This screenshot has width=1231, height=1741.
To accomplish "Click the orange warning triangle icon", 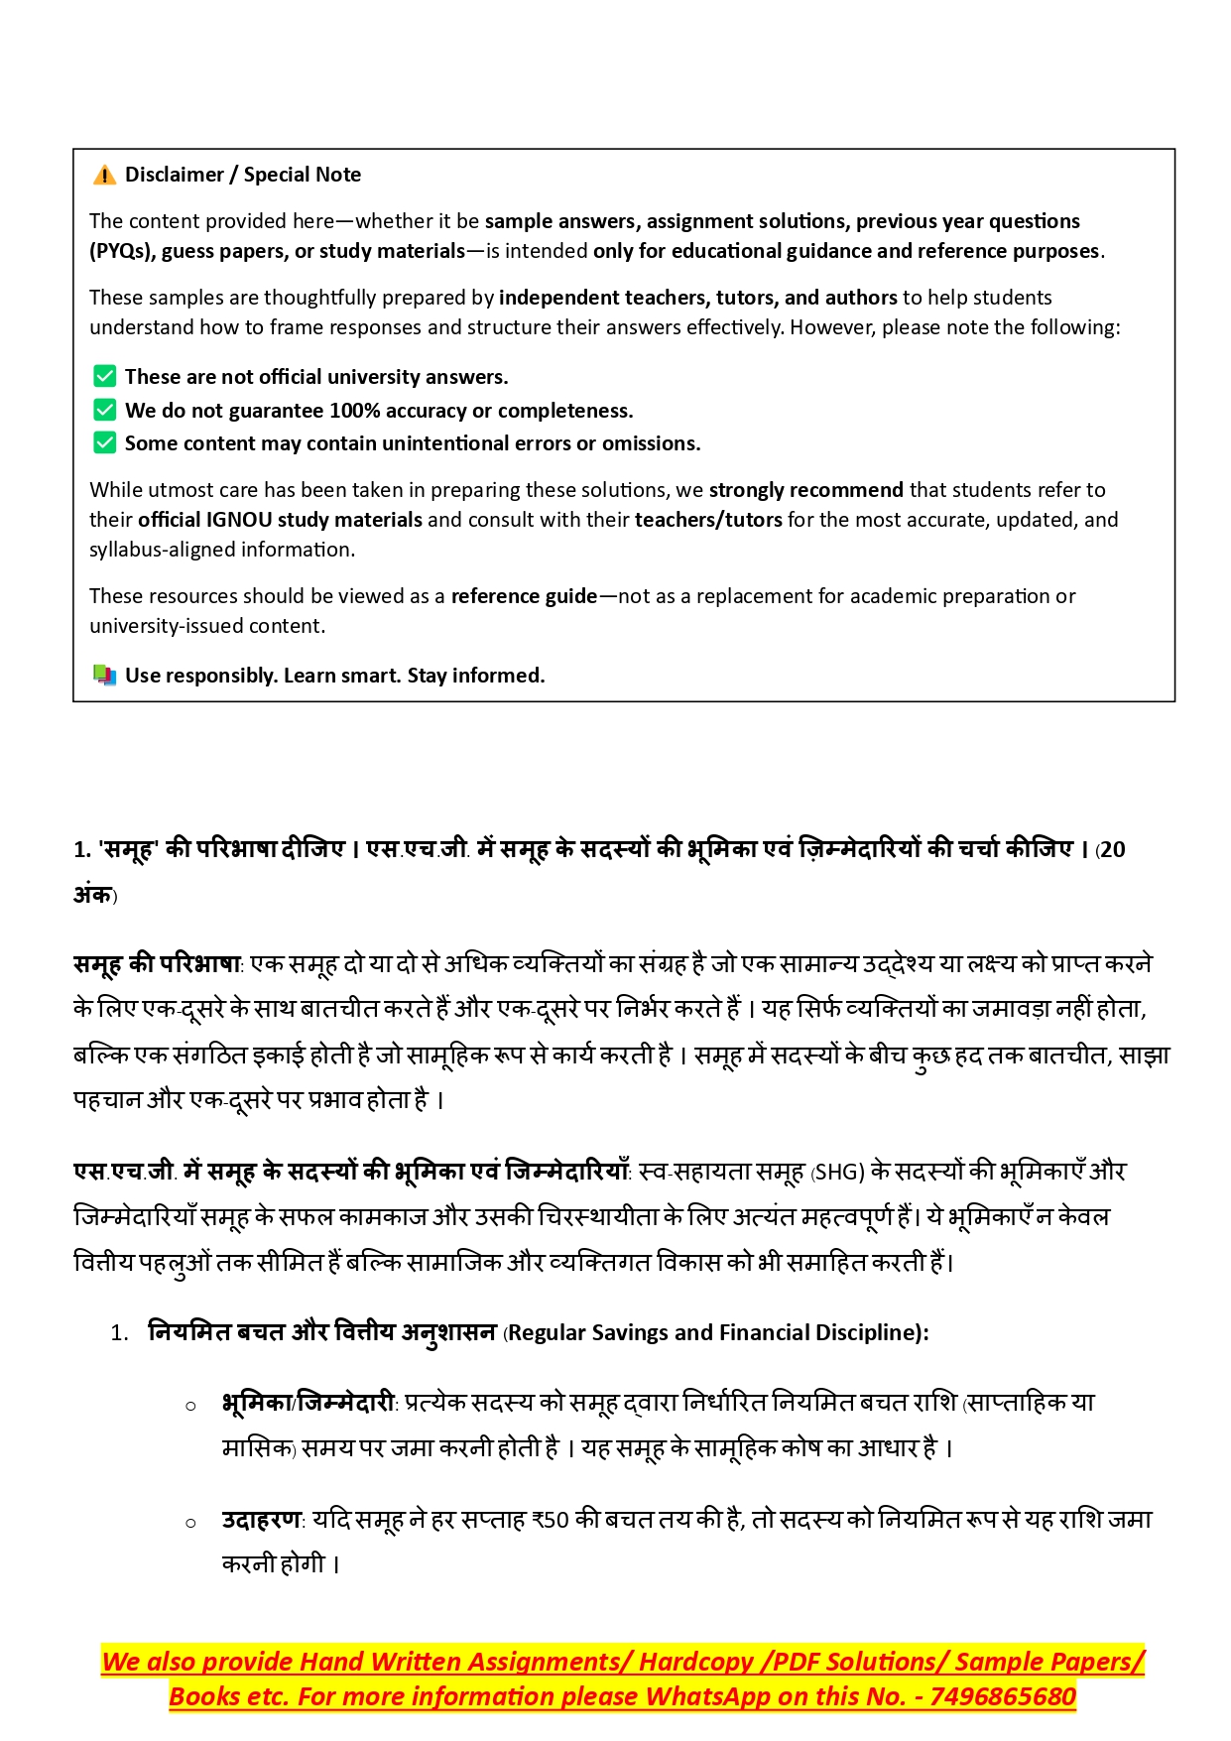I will tap(104, 176).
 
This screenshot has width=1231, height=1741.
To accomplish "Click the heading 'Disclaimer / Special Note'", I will tap(243, 175).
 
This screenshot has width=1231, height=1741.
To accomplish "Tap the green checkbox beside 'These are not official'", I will tap(104, 376).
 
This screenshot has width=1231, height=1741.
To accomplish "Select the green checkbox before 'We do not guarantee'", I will tap(104, 410).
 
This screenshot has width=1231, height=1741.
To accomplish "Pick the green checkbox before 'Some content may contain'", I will tap(104, 442).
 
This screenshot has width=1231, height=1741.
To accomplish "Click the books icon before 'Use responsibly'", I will tap(104, 676).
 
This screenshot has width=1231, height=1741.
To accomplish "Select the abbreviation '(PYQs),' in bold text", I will tap(122, 251).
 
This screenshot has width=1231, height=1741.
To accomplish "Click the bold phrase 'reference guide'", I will tap(524, 596).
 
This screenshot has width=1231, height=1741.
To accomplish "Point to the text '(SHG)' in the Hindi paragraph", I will tap(838, 1172).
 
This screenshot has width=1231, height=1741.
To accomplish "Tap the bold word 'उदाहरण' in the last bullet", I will tap(262, 1520).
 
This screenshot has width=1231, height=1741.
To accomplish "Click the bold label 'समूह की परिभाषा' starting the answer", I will tap(158, 964).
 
